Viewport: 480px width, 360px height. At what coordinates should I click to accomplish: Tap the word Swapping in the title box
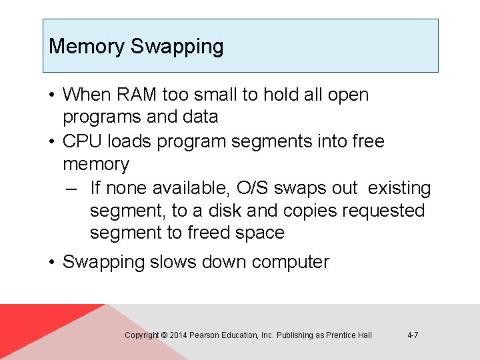click(x=177, y=47)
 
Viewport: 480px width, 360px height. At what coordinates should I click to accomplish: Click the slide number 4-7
click(x=413, y=335)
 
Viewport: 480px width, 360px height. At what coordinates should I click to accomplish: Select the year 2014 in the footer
click(x=178, y=335)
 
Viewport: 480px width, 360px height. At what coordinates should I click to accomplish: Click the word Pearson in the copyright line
click(x=204, y=335)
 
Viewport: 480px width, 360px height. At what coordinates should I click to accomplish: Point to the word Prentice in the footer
click(x=341, y=335)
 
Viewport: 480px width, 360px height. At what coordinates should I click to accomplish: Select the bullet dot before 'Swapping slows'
click(x=53, y=262)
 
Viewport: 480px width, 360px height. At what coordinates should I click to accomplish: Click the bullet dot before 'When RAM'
click(x=53, y=95)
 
